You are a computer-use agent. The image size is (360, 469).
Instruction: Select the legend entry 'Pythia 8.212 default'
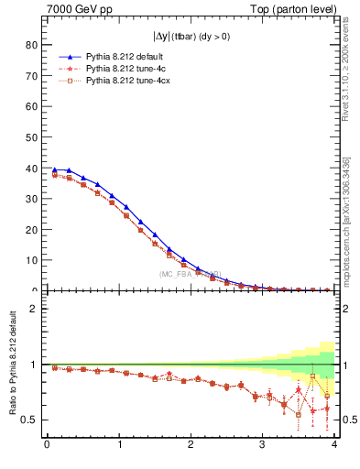[125, 57]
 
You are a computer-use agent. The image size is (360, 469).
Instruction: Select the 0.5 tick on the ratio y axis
[29, 420]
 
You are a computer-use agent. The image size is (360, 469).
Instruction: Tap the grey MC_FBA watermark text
[190, 273]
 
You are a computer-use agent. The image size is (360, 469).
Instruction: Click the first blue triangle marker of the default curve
[54, 169]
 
